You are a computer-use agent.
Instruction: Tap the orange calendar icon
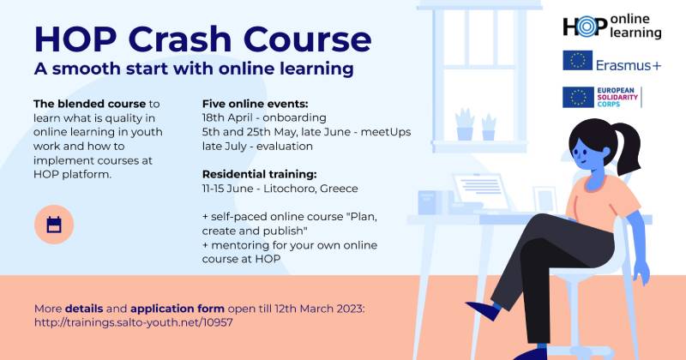point(54,225)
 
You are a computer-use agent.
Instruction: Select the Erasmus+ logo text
point(629,61)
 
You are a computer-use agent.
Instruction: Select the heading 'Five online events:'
point(255,104)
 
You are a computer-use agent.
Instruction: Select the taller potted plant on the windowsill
point(465,123)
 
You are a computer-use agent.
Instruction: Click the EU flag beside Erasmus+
point(577,61)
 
